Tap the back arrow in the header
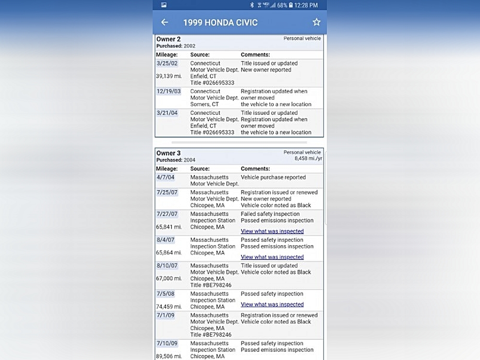165,23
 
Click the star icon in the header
316,22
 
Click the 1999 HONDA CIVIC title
220,23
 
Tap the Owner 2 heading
168,39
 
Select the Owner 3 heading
168,153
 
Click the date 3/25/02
167,63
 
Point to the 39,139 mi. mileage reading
169,76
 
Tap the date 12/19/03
168,91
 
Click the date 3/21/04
167,113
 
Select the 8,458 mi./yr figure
309,158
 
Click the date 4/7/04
165,177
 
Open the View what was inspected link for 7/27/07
272,231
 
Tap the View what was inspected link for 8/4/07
272,257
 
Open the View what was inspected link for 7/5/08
272,304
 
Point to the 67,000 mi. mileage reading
169,278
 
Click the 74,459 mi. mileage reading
169,307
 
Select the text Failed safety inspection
270,214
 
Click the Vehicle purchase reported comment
273,177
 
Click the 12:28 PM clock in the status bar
306,5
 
